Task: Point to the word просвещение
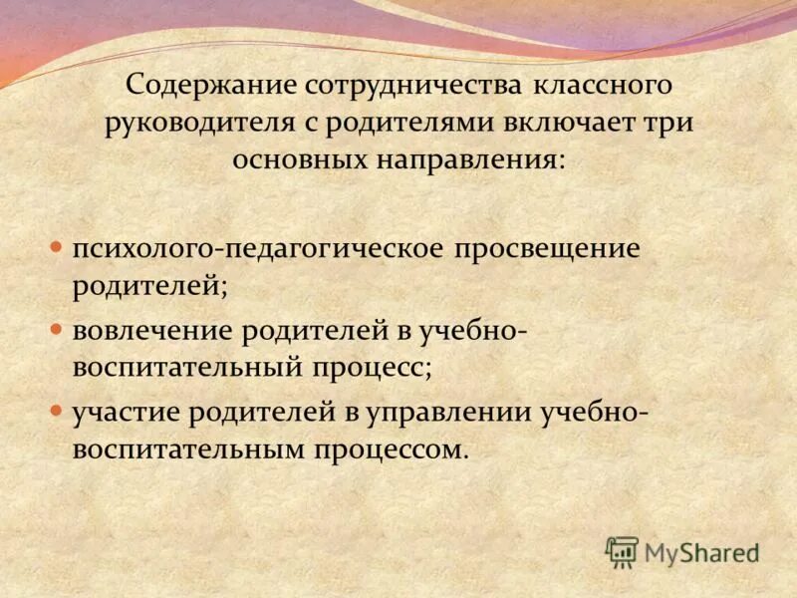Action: tap(547, 248)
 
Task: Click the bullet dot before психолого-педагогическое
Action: tap(57, 246)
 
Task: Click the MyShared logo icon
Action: tap(622, 551)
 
